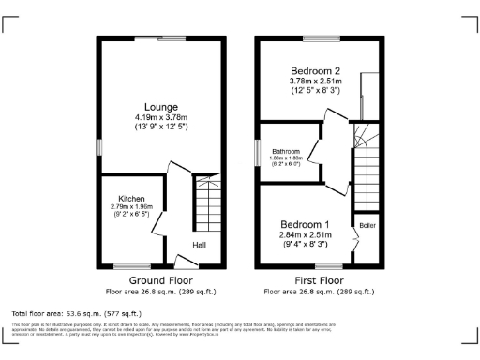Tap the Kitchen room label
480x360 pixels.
point(130,198)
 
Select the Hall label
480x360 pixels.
point(200,246)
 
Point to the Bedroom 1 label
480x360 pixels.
point(306,225)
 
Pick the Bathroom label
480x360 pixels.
point(286,151)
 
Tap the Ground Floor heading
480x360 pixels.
point(160,279)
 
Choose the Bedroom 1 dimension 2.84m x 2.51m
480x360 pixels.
point(306,235)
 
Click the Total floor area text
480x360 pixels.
point(76,313)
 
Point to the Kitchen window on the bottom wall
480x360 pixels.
point(139,265)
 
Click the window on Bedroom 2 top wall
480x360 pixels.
point(317,37)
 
